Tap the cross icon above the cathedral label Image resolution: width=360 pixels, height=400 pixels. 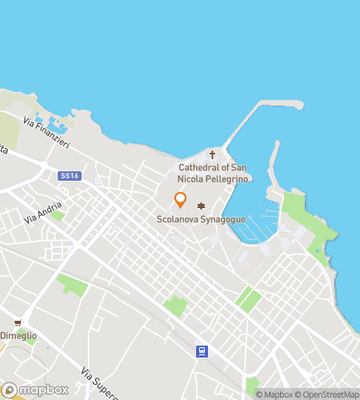(212, 154)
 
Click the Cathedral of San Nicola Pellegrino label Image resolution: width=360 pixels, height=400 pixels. (213, 173)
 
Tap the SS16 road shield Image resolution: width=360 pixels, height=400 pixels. (70, 174)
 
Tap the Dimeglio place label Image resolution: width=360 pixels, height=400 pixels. (18, 336)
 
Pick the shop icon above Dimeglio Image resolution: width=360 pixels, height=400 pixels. (18, 322)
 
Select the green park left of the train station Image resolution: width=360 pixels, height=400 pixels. (174, 306)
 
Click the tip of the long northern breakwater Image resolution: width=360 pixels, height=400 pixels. (298, 104)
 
